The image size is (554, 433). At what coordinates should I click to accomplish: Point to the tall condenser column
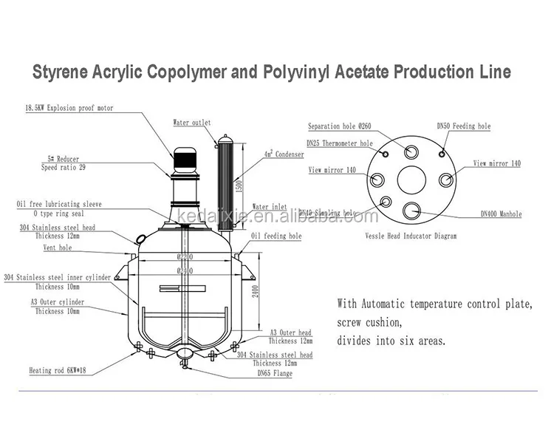pos(225,181)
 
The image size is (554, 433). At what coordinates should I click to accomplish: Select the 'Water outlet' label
pos(192,122)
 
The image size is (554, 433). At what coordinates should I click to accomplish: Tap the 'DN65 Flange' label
pos(273,373)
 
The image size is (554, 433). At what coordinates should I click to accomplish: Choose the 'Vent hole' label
pos(56,248)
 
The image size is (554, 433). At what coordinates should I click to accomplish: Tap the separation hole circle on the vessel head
pos(410,151)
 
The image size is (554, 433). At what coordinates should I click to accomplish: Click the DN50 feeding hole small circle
pos(442,153)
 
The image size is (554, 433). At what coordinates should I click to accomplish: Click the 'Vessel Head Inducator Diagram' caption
pos(411,236)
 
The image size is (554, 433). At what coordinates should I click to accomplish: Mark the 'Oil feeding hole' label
pos(276,236)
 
